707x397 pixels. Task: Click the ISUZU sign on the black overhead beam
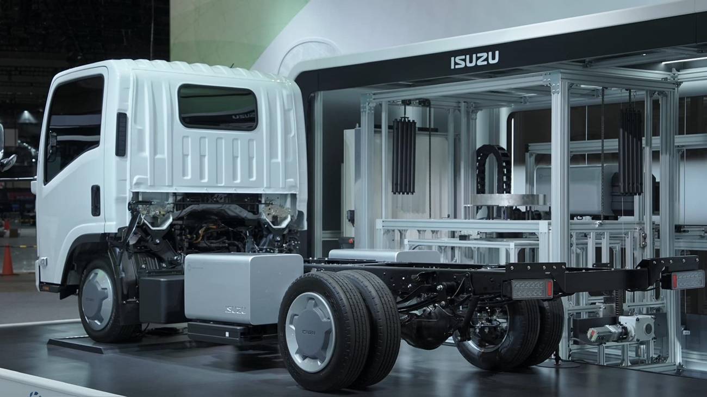tap(475, 60)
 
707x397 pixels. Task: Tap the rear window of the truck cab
tap(218, 107)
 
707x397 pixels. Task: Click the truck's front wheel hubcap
tap(97, 299)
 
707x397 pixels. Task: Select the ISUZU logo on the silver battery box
tap(235, 310)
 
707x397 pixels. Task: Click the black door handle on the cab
tap(96, 200)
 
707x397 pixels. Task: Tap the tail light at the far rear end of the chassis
tap(687, 280)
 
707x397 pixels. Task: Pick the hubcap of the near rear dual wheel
tap(310, 332)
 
